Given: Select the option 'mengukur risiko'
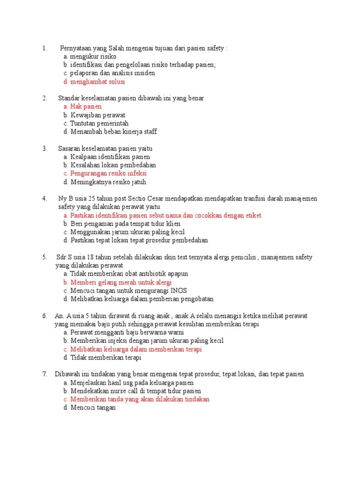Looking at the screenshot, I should pos(90,56).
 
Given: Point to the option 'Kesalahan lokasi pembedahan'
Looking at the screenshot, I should pos(110,165).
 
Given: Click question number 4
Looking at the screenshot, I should pos(44,198).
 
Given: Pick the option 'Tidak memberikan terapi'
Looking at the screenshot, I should pos(102,358).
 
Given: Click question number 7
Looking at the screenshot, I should pos(44,374).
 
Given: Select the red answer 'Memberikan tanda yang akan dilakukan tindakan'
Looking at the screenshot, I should pos(136,399).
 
